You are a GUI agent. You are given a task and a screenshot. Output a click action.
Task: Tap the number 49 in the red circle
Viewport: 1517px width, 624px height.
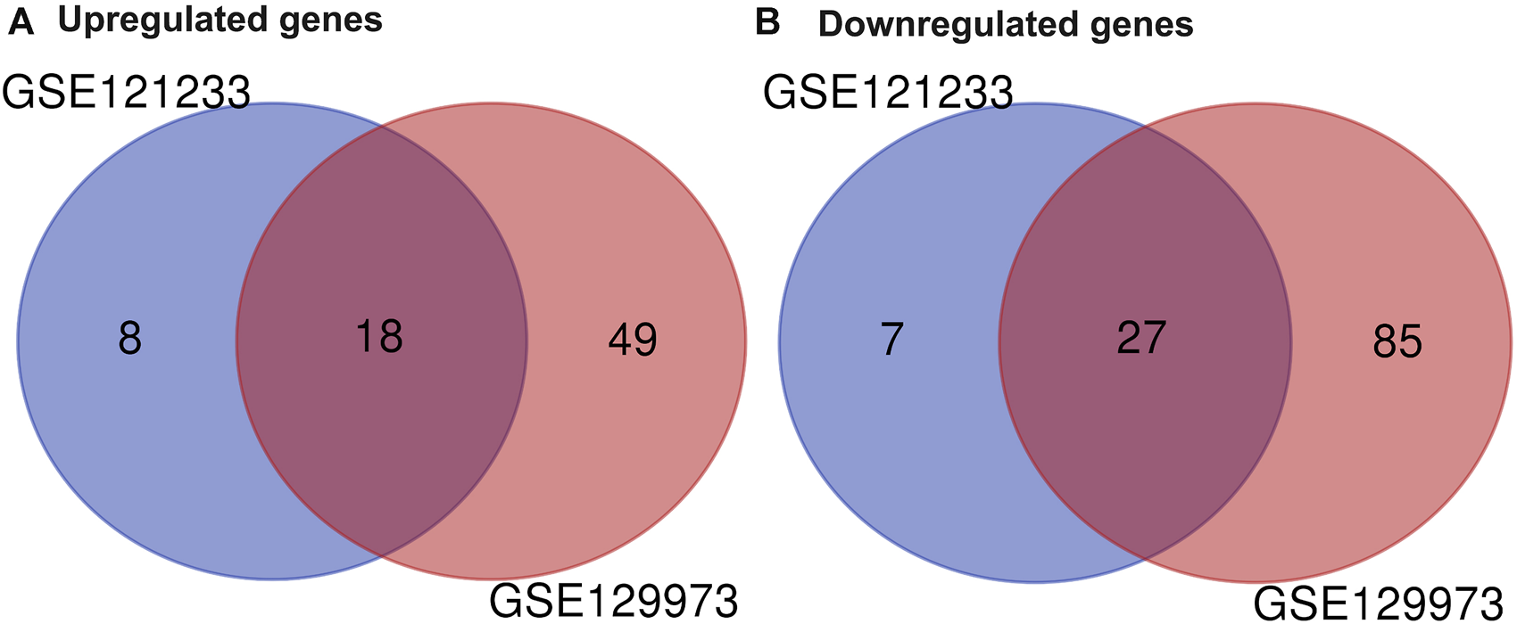pos(633,340)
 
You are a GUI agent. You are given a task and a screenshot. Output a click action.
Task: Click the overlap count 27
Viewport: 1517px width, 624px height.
pos(1141,338)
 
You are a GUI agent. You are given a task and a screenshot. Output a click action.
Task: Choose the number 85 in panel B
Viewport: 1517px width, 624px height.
pos(1397,341)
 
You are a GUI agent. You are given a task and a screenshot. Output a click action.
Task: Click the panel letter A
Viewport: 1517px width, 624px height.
pos(21,21)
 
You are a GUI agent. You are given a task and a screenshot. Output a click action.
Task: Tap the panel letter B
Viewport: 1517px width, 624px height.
pos(767,22)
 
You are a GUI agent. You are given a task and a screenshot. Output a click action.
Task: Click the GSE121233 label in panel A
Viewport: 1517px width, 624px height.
pos(126,93)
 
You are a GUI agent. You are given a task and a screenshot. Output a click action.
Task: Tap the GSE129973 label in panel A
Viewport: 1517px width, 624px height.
pos(614,602)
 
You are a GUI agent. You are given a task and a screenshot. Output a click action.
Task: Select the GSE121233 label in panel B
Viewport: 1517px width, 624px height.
pos(888,93)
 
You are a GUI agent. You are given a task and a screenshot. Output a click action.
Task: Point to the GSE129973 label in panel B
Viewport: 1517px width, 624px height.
pos(1379,603)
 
